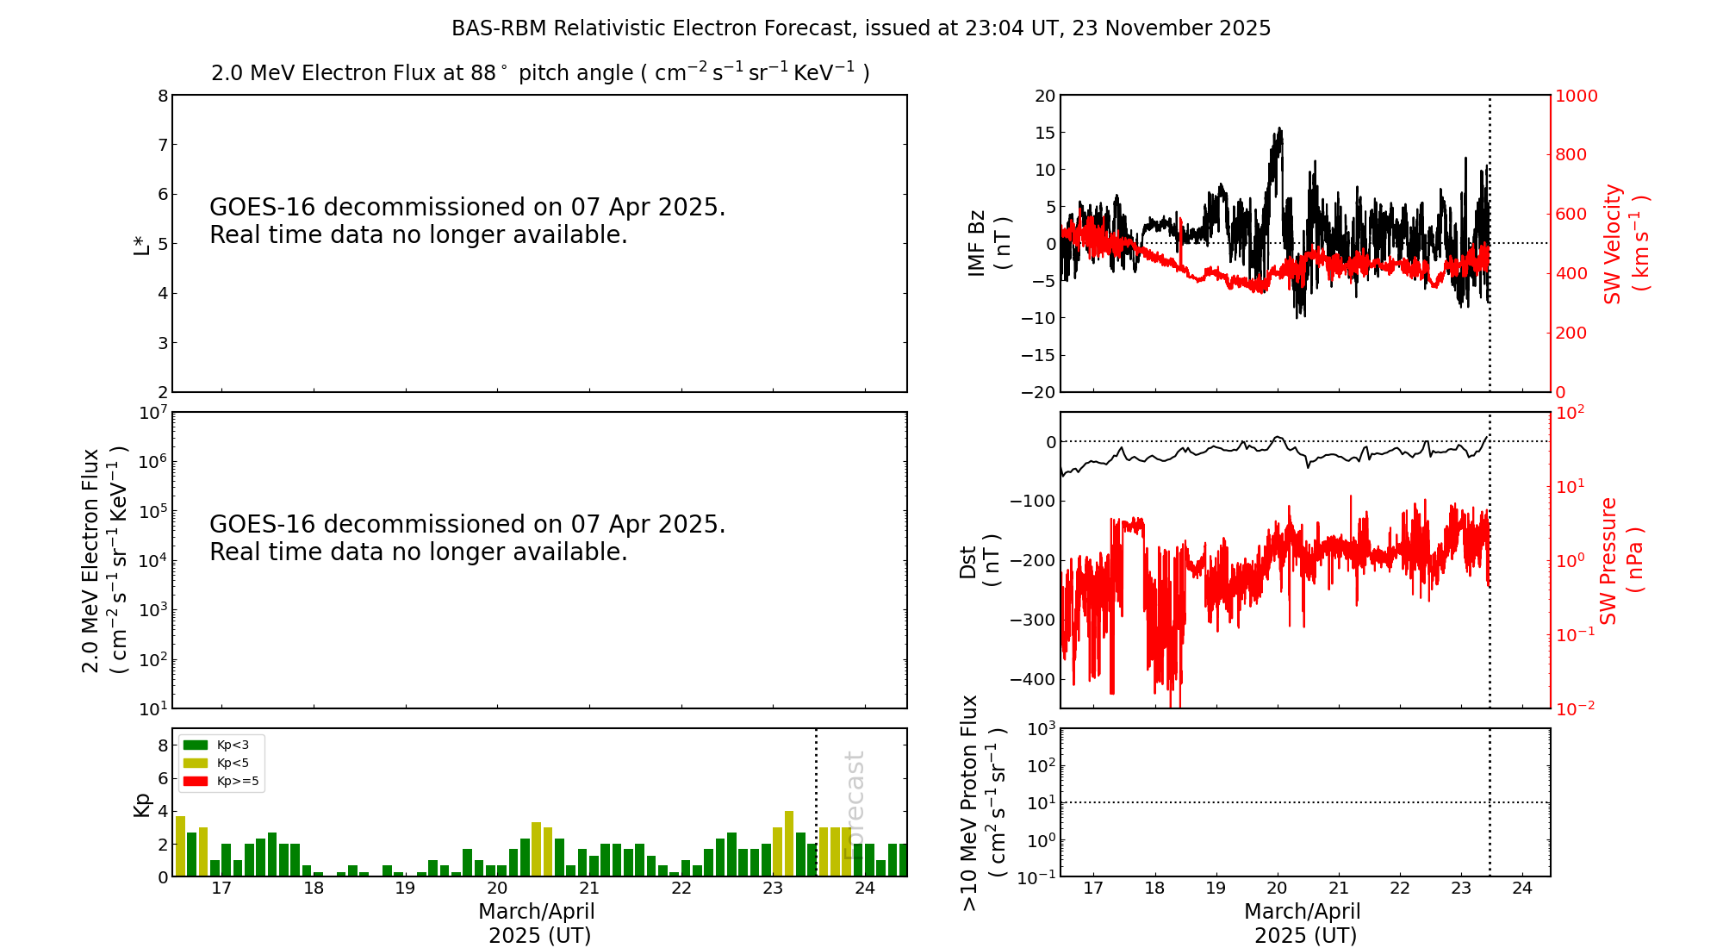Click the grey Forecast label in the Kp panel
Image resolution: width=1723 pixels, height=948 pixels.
coord(854,804)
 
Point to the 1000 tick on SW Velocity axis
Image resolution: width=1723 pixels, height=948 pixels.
coord(1576,96)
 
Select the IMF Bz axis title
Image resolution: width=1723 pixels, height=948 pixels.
coord(989,244)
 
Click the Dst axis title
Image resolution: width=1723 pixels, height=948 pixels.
coord(980,560)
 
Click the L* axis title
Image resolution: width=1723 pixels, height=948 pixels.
coord(141,244)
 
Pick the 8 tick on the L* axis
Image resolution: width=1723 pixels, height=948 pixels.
coord(163,96)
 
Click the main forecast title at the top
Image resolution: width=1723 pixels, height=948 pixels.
coord(861,28)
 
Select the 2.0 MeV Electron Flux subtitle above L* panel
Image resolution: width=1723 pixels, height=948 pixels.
coord(540,73)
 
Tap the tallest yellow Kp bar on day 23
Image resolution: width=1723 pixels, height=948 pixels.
coord(789,843)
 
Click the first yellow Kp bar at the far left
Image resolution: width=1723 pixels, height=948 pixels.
coord(180,845)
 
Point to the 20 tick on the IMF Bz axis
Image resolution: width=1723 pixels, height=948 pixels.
coord(1045,96)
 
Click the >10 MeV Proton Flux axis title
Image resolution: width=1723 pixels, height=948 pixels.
coord(983,802)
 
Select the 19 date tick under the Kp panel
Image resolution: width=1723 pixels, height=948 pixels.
coord(405,889)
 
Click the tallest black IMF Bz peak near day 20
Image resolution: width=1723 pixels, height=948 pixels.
coord(1280,129)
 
